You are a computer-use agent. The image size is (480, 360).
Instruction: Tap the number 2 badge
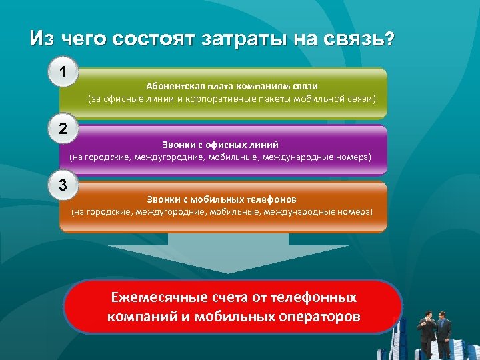[x=63, y=129]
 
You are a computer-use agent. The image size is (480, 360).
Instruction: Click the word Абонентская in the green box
[x=173, y=87]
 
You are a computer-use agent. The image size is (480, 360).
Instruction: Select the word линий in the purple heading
[x=263, y=144]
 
